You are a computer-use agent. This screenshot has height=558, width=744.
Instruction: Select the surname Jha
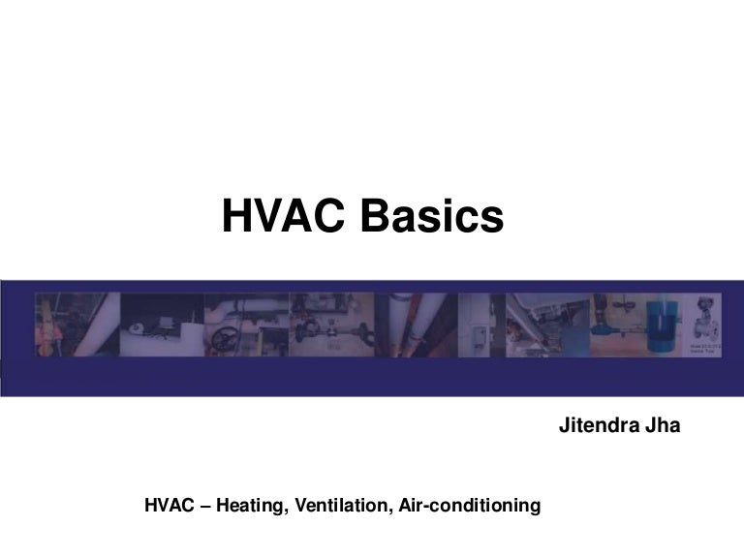(663, 425)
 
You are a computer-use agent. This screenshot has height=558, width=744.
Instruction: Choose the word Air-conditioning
(469, 505)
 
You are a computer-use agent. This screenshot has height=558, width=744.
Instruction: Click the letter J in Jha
(645, 425)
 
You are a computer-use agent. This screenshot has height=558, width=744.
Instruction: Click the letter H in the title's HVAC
(237, 217)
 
